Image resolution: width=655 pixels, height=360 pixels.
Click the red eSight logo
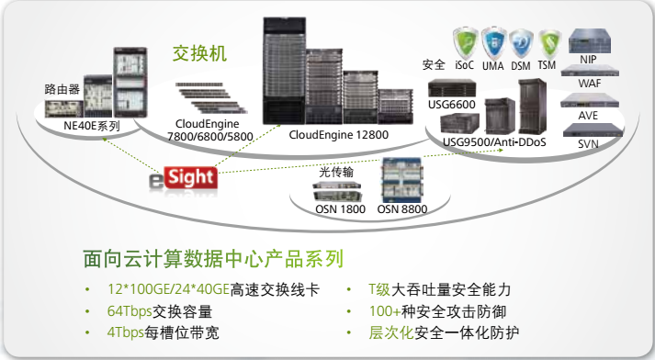pyautogui.click(x=184, y=180)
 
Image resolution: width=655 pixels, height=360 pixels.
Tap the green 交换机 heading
pyautogui.click(x=199, y=53)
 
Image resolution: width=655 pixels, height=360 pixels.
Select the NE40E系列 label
pyautogui.click(x=92, y=126)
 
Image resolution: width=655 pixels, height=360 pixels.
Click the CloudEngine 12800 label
pyautogui.click(x=338, y=135)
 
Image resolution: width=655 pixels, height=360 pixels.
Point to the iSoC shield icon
pyautogui.click(x=466, y=42)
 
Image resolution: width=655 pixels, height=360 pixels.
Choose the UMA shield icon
pyautogui.click(x=493, y=42)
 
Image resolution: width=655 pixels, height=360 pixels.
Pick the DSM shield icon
pyautogui.click(x=521, y=43)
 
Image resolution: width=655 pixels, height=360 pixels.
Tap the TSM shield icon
pyautogui.click(x=549, y=43)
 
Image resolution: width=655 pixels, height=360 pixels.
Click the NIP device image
pyautogui.click(x=590, y=41)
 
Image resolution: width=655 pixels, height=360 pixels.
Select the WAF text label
pyautogui.click(x=590, y=84)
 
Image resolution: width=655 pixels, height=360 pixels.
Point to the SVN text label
pyautogui.click(x=588, y=144)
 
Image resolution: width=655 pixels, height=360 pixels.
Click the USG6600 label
pyautogui.click(x=452, y=105)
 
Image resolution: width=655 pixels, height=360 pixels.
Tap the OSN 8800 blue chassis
pyautogui.click(x=402, y=180)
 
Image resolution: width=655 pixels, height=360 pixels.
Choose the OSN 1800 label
pyautogui.click(x=340, y=209)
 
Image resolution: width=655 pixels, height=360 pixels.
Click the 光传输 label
pyautogui.click(x=336, y=172)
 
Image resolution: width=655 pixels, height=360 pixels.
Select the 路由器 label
pyautogui.click(x=62, y=89)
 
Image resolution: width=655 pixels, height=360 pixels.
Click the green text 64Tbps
pyautogui.click(x=130, y=311)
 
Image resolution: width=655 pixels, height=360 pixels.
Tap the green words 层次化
pyautogui.click(x=390, y=332)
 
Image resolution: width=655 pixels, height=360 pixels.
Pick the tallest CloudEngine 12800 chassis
pyautogui.click(x=284, y=71)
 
